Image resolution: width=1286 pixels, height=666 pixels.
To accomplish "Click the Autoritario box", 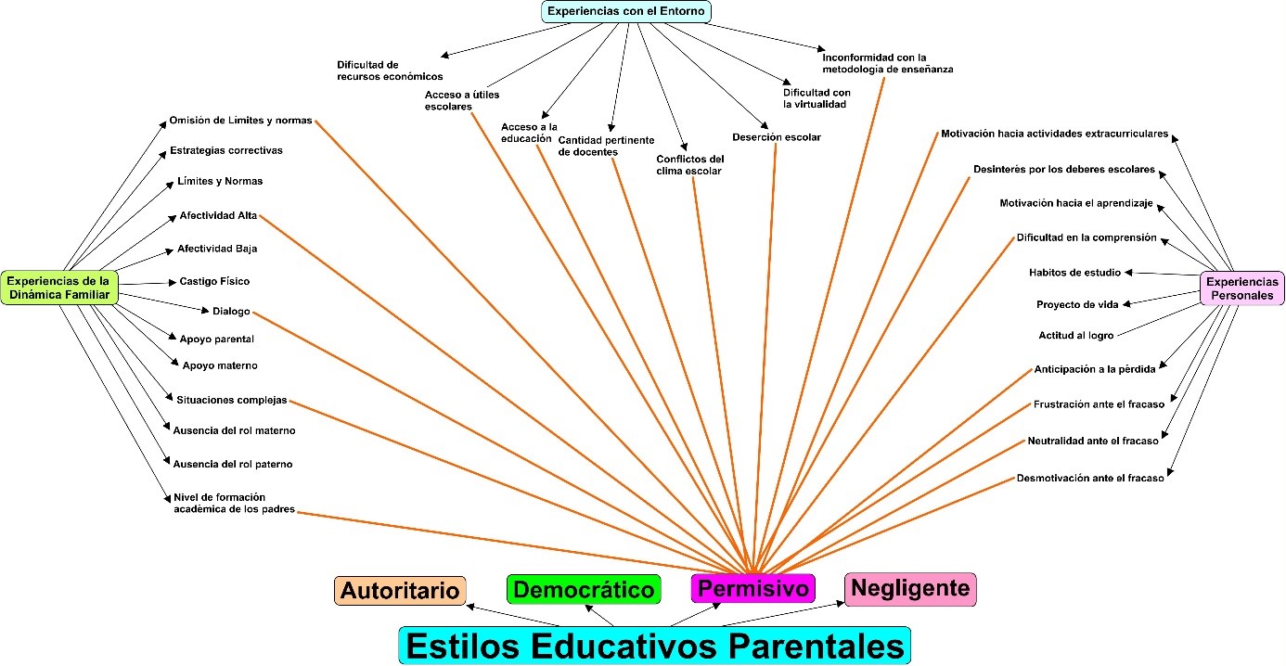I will (x=400, y=591).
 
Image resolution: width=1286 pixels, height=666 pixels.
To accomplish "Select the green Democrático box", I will (x=584, y=590).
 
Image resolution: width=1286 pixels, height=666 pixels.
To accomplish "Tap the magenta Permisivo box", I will (x=752, y=588).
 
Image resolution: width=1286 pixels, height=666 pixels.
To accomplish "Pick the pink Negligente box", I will (x=909, y=588).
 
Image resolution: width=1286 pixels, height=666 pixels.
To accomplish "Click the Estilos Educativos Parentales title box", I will (x=654, y=645).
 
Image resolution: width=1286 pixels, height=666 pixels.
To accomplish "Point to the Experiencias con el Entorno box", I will (x=627, y=11).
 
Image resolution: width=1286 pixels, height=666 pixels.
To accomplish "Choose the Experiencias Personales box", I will (x=1241, y=288).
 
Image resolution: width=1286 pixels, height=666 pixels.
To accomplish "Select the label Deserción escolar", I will (x=776, y=137).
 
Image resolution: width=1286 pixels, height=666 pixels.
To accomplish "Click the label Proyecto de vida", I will (x=1076, y=304).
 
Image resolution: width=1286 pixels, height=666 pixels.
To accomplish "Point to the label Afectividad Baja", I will (x=217, y=249).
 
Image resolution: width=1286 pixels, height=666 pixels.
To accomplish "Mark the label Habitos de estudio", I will (x=1074, y=273).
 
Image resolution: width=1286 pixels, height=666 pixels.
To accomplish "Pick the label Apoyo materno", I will (x=220, y=365).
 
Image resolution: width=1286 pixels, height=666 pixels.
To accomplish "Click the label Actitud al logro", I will (x=1075, y=335).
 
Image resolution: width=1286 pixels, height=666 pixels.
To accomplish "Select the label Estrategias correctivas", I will (x=226, y=150).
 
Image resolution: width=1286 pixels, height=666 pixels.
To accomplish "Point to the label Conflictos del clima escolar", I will (x=689, y=164).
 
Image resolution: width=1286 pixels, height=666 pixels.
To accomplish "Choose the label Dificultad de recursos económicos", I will (x=390, y=70).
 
